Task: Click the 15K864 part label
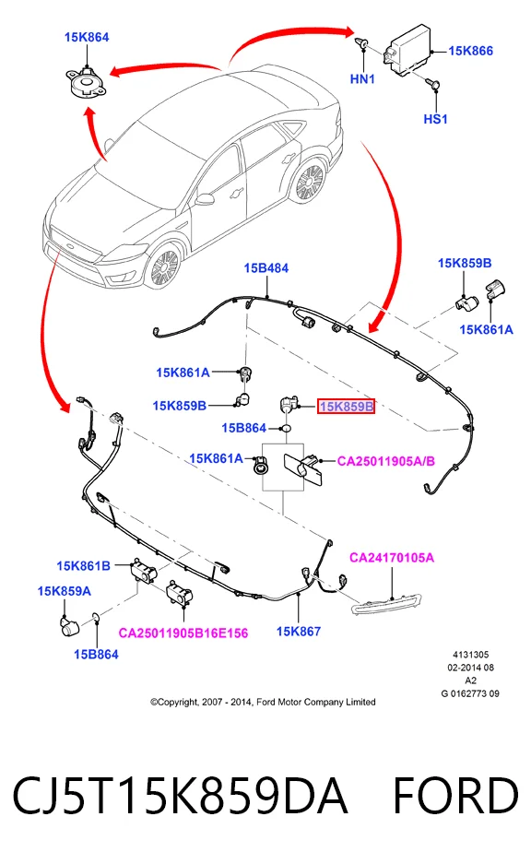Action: [87, 37]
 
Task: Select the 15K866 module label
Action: [470, 51]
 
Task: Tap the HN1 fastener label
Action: [362, 78]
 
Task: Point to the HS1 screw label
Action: [435, 118]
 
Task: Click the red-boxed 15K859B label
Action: [346, 407]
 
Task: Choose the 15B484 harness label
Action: [266, 267]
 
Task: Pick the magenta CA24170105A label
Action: [392, 558]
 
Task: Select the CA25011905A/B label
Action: [385, 461]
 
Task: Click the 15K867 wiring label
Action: [298, 632]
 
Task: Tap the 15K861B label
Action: [83, 566]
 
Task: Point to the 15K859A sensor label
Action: [64, 591]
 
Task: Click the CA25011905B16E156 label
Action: [183, 633]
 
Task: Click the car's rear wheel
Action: [309, 182]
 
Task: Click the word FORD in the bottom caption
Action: [455, 795]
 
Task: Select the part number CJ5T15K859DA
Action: [180, 795]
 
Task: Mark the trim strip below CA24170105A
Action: [386, 604]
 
